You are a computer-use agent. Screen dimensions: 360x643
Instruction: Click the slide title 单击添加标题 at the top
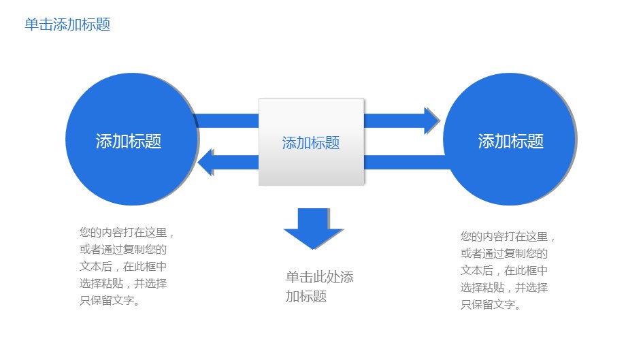click(67, 25)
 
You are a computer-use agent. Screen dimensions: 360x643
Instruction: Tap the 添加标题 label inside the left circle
click(129, 142)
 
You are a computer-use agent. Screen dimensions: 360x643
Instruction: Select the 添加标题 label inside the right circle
click(511, 142)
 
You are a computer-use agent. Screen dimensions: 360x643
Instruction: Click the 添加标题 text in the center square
click(311, 143)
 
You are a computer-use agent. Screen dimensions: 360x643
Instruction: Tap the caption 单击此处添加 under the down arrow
click(320, 278)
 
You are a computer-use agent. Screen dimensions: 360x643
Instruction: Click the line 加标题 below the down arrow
click(306, 297)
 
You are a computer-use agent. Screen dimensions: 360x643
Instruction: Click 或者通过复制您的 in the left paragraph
click(123, 250)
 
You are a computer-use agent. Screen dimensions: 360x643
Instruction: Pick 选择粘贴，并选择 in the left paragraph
click(123, 284)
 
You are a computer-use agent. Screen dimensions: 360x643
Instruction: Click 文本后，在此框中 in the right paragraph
click(504, 271)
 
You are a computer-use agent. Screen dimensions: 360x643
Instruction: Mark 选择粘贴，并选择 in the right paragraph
click(504, 288)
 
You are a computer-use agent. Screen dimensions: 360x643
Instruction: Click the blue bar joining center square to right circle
click(406, 162)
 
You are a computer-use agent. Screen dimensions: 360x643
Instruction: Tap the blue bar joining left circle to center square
click(227, 120)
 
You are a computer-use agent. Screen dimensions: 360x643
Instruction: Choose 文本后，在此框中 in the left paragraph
click(123, 267)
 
